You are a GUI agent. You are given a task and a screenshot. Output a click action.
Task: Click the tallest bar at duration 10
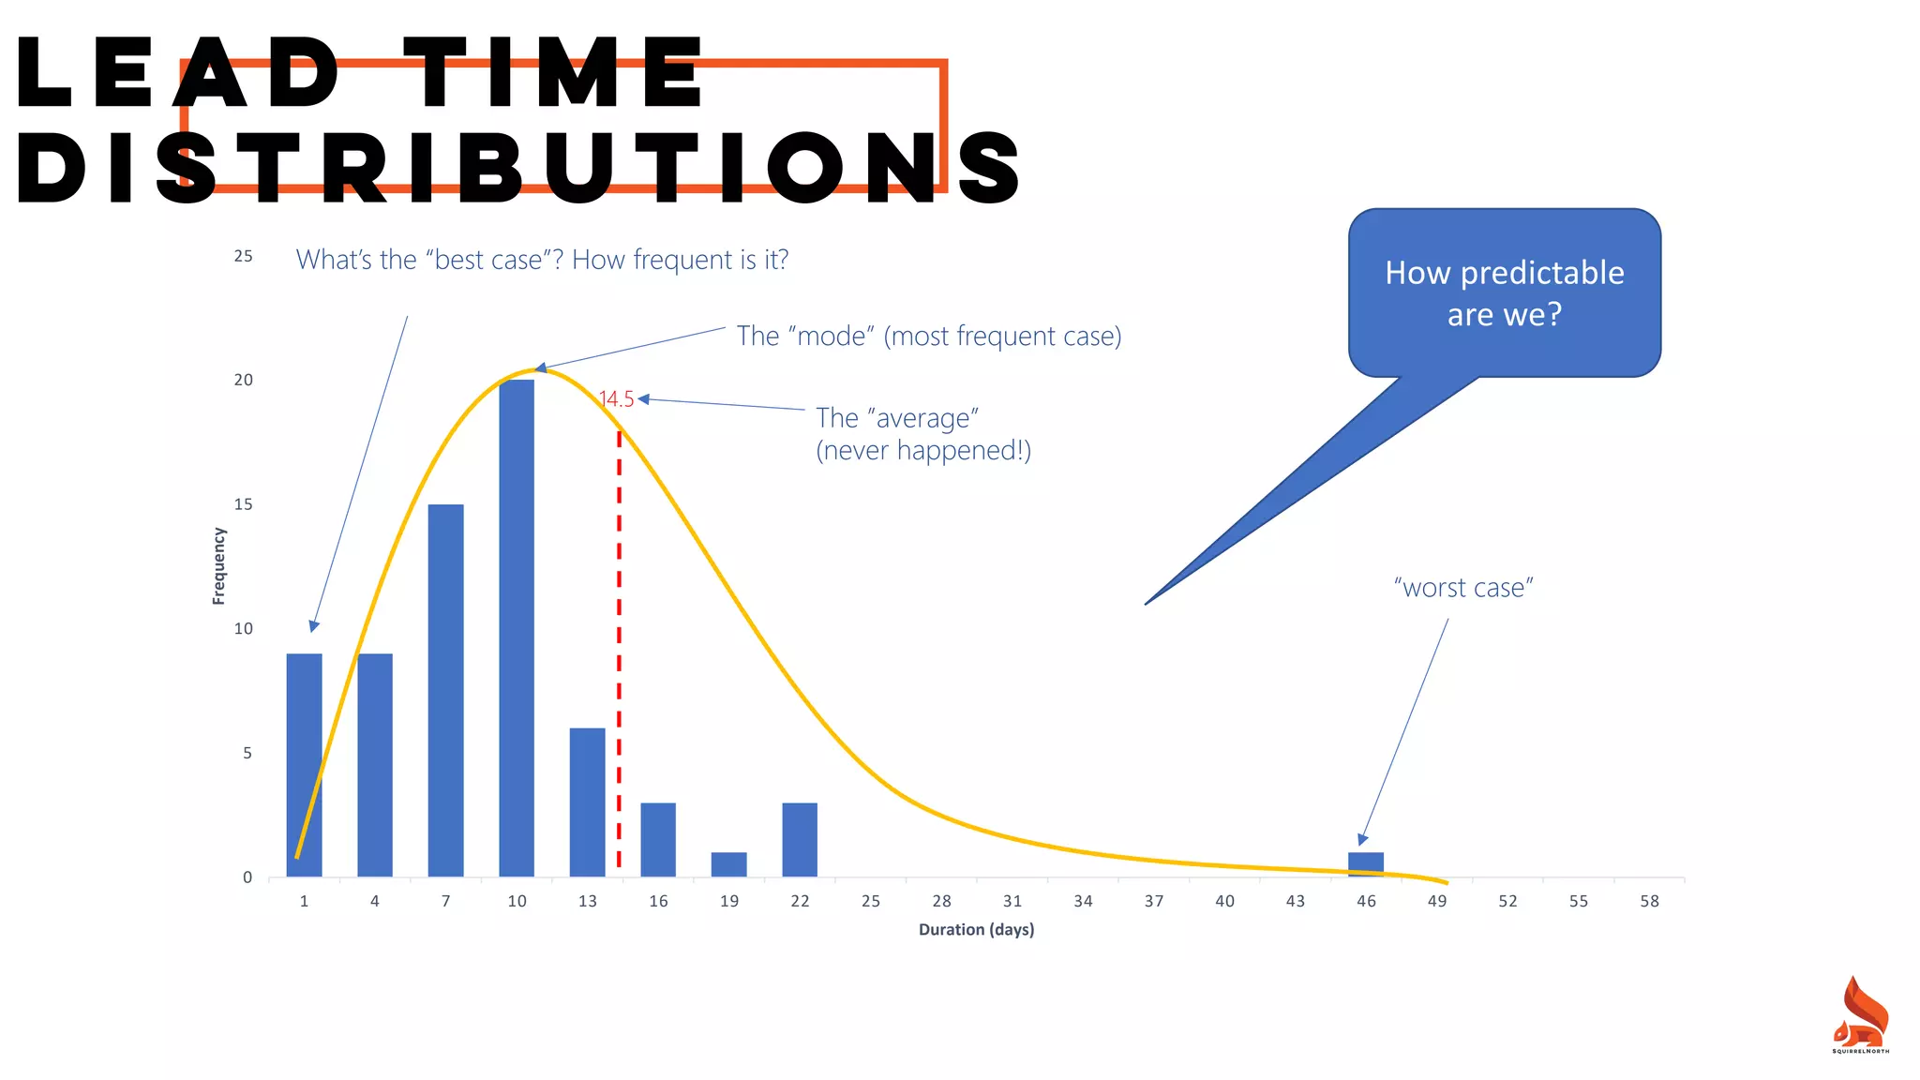coord(517,628)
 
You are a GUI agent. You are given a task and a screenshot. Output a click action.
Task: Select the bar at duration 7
coord(445,690)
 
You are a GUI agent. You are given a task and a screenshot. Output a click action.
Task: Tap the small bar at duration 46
coord(1366,864)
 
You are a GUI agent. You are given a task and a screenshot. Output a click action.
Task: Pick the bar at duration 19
coord(728,864)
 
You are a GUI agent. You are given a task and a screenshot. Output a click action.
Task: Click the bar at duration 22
coord(800,840)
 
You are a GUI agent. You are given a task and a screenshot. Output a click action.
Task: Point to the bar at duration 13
coord(587,802)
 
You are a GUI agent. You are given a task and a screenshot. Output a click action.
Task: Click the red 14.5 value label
coord(617,399)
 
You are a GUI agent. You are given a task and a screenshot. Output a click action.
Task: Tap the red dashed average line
coord(619,656)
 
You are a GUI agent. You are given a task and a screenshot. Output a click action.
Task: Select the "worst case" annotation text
coord(1462,588)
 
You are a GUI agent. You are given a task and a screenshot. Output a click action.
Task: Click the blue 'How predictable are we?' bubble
coord(1504,293)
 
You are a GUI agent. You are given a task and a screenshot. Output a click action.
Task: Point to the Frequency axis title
coord(219,565)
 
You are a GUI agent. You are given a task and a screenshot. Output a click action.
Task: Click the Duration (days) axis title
coord(976,929)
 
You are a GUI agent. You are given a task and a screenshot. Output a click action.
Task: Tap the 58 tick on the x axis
coord(1649,901)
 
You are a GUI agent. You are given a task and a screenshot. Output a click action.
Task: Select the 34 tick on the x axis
coord(1083,901)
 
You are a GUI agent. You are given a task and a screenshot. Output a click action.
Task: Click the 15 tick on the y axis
coord(244,504)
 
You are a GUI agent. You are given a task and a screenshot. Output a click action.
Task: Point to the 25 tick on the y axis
coord(244,256)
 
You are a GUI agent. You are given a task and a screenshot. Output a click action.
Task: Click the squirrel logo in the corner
coord(1861,1015)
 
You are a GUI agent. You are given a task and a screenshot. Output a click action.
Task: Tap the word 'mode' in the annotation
coord(831,336)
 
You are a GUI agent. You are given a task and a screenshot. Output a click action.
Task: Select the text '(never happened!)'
coord(923,451)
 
